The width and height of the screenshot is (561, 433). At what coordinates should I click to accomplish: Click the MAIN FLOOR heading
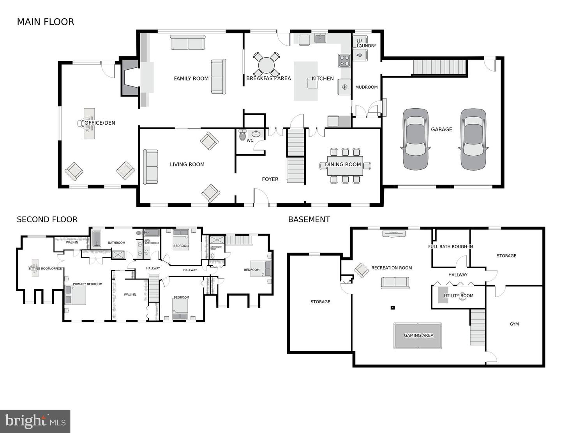coord(46,22)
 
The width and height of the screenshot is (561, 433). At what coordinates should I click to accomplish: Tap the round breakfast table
coord(267,65)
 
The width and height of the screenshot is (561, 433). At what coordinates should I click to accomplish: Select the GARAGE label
coord(441,129)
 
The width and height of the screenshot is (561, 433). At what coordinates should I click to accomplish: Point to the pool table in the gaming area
coord(418,336)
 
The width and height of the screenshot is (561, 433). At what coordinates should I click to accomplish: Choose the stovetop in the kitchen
coord(344,61)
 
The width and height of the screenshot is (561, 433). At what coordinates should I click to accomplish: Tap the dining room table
coord(345,165)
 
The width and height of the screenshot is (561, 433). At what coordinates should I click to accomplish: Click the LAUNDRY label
coord(366,46)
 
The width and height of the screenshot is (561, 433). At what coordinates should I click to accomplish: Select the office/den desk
coord(89,123)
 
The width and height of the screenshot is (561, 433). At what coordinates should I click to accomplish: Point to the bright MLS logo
coord(35,421)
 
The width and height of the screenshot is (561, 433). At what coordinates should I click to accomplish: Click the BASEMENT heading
coord(309,219)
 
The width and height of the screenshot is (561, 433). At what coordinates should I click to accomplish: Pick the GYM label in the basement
coord(514,324)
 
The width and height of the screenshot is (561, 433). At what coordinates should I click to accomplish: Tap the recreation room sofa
coord(395,283)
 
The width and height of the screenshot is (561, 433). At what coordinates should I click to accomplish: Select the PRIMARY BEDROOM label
coord(88,284)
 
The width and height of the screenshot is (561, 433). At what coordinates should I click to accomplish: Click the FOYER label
coord(270,179)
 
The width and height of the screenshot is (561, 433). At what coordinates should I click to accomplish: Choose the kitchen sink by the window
coord(320,38)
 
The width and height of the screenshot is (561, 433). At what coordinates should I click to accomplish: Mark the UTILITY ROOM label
coord(459,296)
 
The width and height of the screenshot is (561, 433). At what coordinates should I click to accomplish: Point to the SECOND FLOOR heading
coord(47,219)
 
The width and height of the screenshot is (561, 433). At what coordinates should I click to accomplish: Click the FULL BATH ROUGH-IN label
coord(450,246)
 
